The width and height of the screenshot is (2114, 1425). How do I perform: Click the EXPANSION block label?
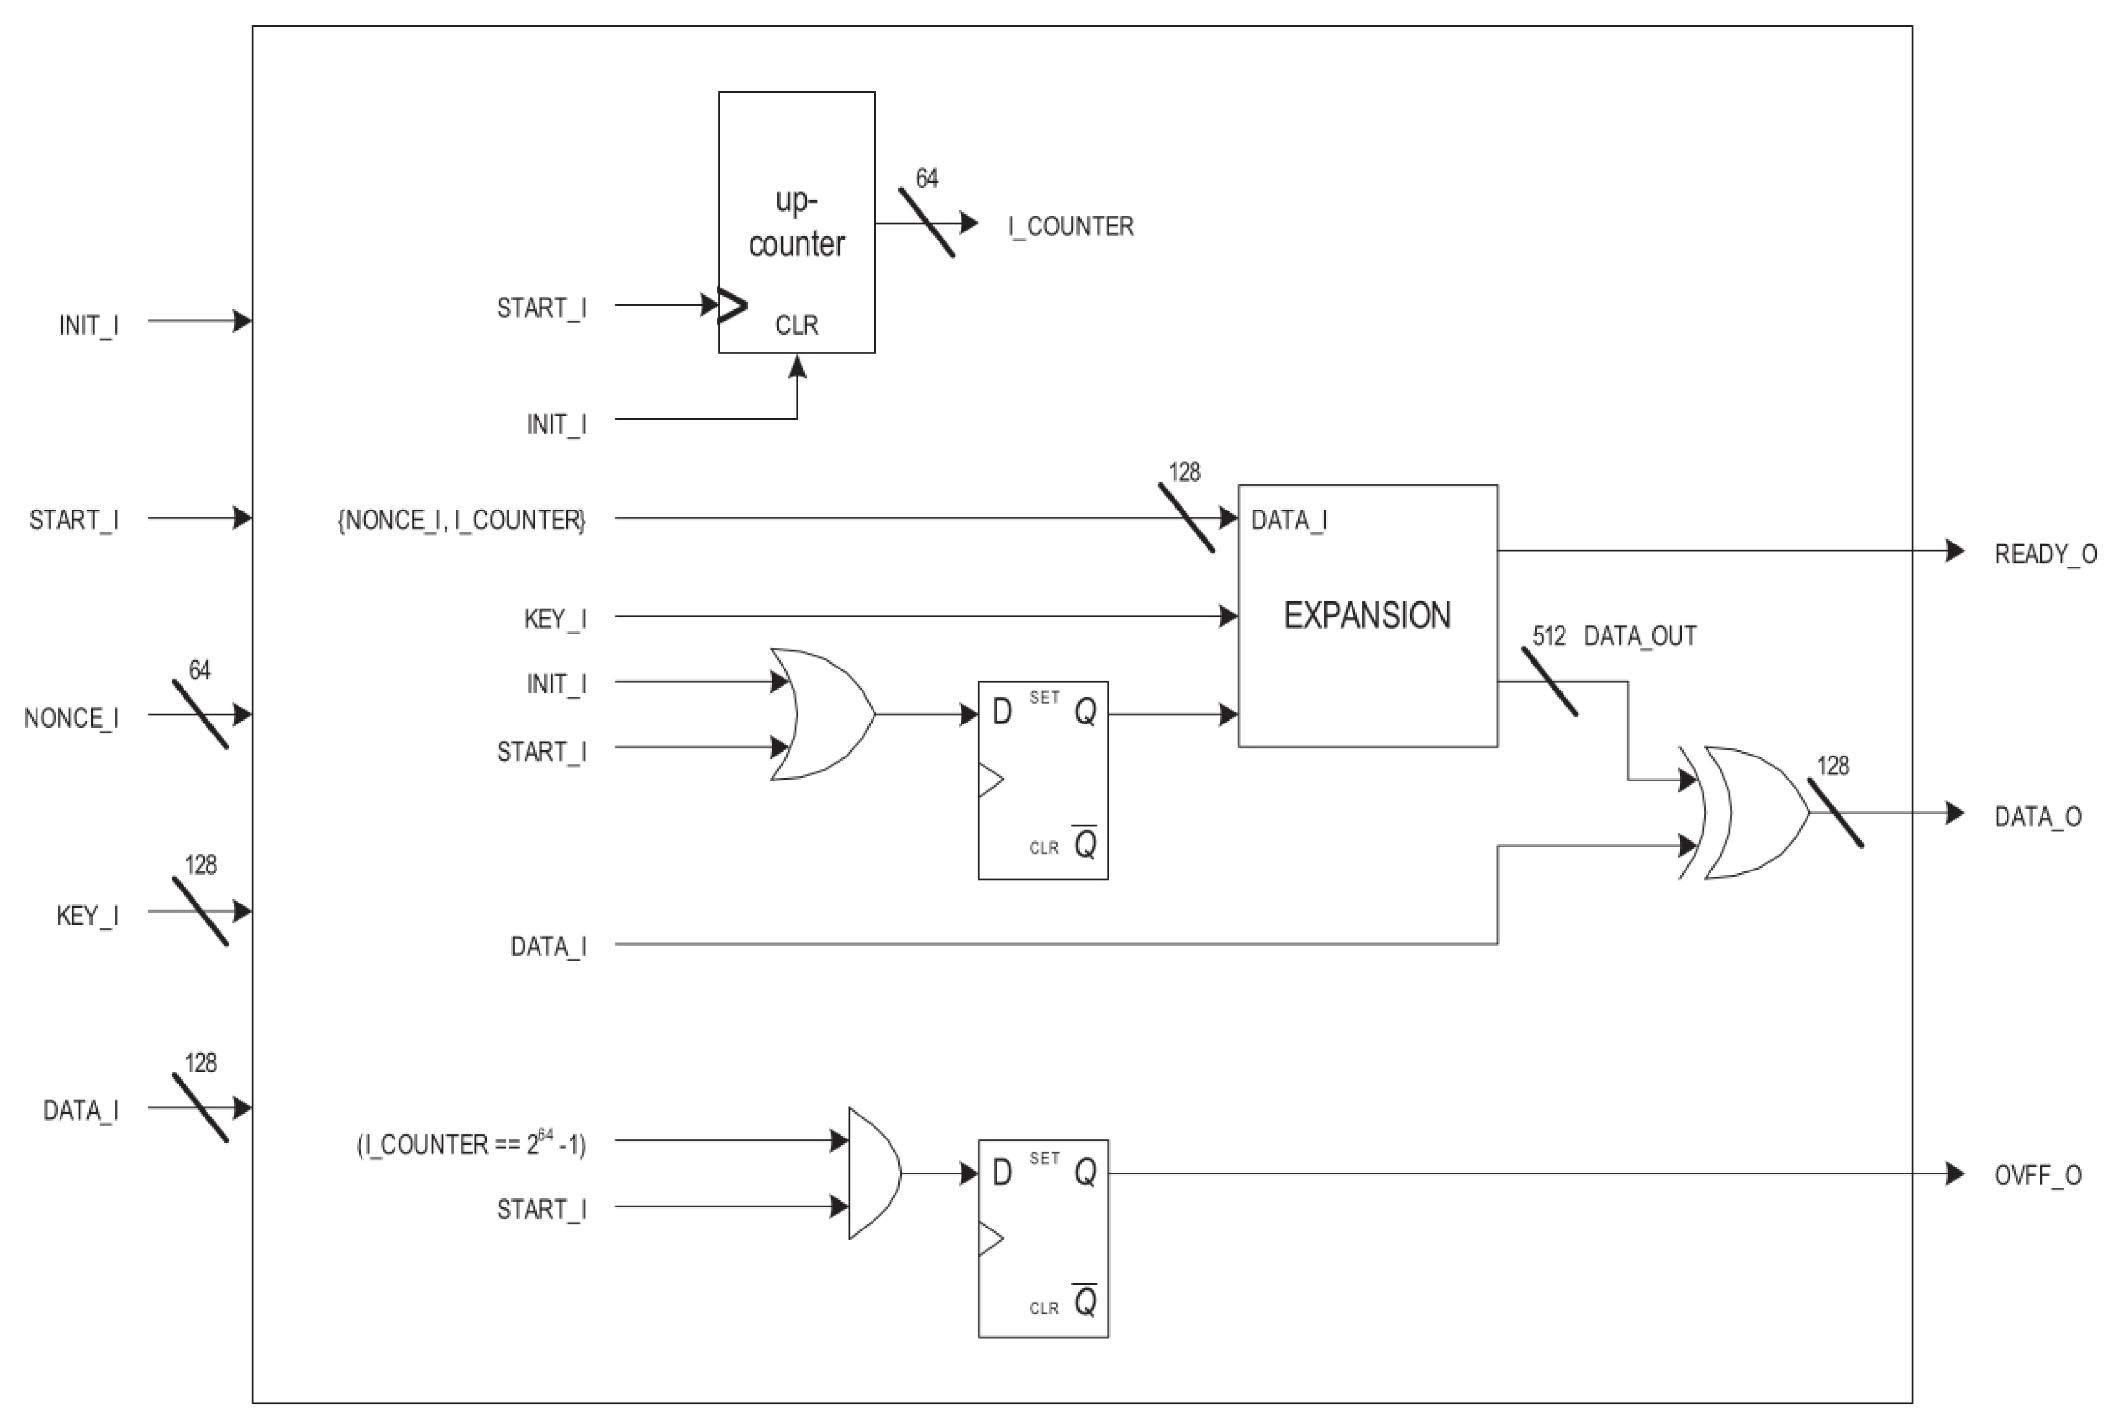click(x=1366, y=616)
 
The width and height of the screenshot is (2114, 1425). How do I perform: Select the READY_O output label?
click(x=2045, y=554)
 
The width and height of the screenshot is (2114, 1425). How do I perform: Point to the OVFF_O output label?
click(x=2037, y=1175)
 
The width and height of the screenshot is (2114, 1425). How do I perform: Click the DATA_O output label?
click(x=2037, y=816)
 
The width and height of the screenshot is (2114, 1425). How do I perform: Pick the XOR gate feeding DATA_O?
click(x=1749, y=813)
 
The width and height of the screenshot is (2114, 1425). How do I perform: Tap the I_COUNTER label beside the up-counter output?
click(x=1070, y=227)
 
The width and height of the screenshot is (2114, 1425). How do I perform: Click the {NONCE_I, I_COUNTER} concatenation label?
click(x=462, y=520)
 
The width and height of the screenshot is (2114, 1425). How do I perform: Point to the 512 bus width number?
click(x=1549, y=636)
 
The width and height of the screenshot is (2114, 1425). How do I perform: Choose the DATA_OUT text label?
click(x=1640, y=636)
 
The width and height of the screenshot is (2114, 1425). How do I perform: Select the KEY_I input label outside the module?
click(x=87, y=915)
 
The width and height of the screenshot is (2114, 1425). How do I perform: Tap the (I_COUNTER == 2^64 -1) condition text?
click(x=471, y=1143)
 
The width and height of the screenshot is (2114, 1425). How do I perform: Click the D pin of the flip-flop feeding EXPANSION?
click(x=1001, y=712)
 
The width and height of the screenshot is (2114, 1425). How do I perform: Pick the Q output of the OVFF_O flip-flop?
click(x=1085, y=1173)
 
